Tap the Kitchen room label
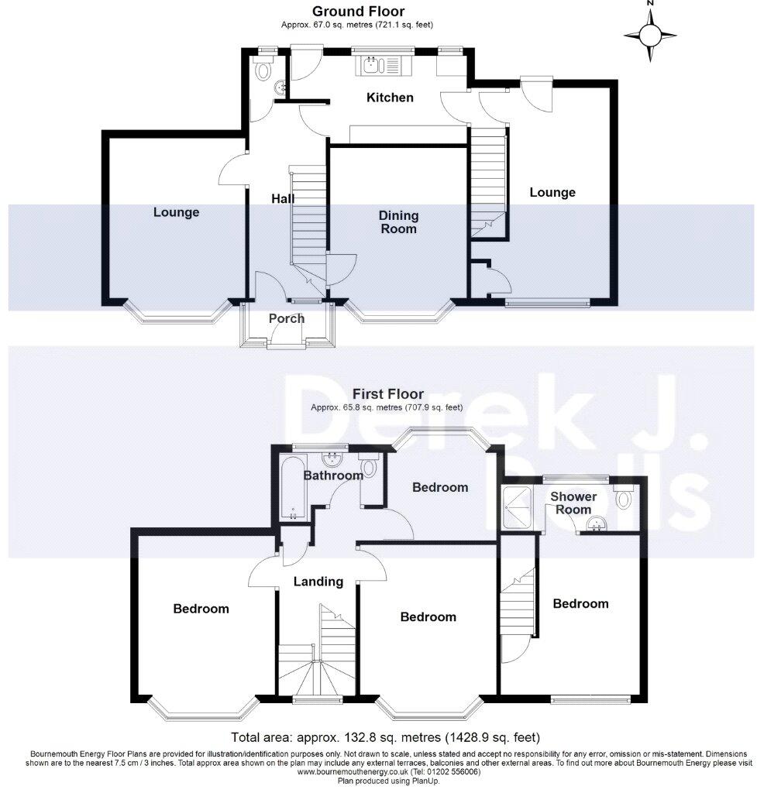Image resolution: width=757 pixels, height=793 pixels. (390, 98)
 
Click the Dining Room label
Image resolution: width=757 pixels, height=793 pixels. (398, 221)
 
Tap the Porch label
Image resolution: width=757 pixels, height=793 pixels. (286, 318)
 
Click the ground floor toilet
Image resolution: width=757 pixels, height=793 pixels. (264, 71)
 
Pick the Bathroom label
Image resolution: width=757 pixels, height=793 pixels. (332, 475)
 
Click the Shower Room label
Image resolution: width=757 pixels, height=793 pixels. (573, 503)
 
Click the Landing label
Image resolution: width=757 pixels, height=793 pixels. (318, 582)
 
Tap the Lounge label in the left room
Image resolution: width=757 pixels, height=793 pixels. (176, 212)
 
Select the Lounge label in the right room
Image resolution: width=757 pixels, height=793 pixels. (552, 192)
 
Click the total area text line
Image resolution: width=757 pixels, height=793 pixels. (385, 736)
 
